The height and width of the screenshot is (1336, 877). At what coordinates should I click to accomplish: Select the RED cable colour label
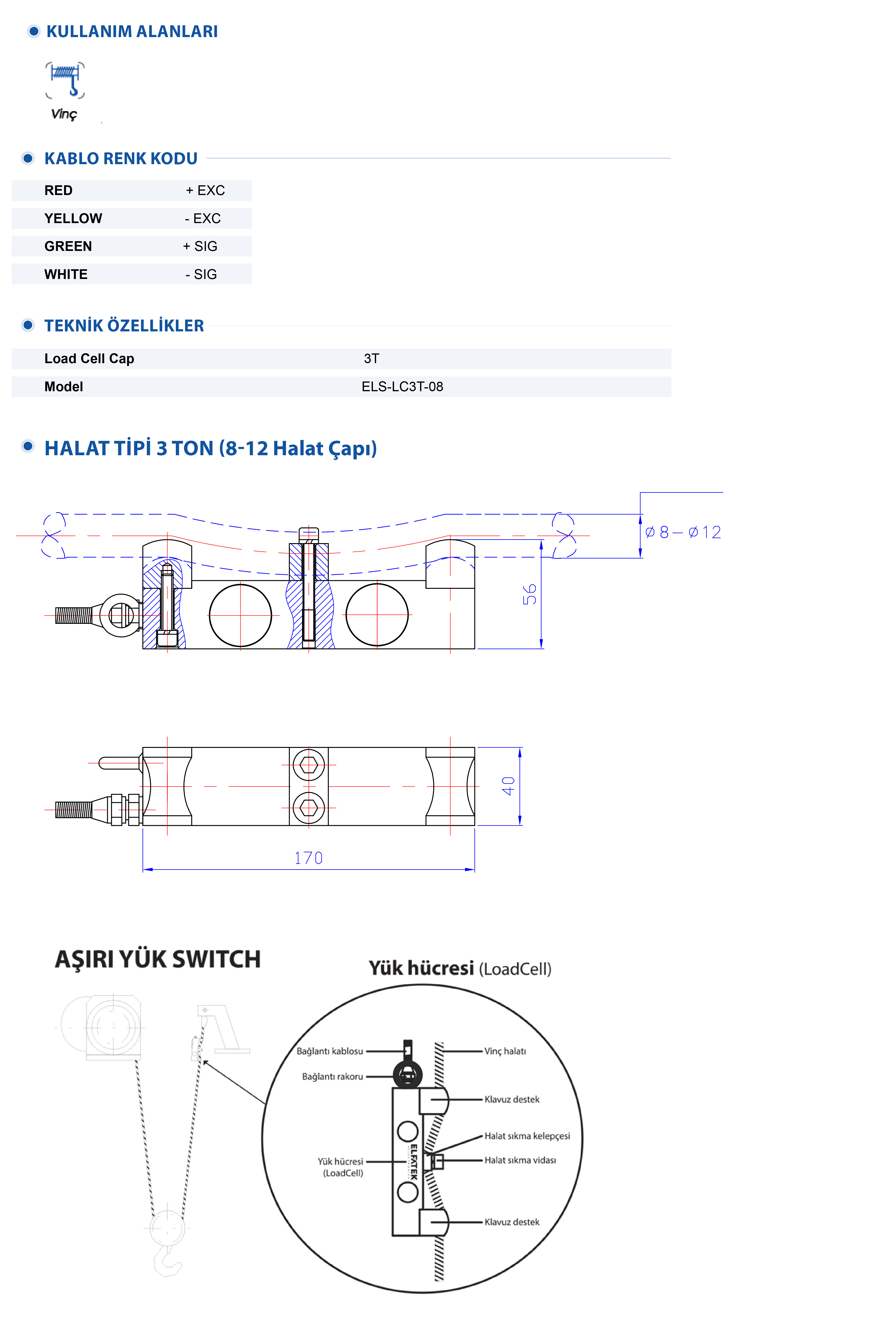pos(58,190)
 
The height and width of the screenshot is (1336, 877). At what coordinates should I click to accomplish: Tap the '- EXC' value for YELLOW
pos(203,218)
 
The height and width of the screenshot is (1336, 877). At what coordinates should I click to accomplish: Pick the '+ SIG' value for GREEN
pos(200,247)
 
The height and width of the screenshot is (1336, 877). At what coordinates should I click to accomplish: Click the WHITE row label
pos(66,275)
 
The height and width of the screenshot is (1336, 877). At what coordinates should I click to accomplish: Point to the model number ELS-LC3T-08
pos(402,387)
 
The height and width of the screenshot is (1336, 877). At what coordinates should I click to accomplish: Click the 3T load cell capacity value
pos(371,359)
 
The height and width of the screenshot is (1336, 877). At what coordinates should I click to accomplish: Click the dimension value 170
pos(308,858)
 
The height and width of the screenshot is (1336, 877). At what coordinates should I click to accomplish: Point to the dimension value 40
pos(508,786)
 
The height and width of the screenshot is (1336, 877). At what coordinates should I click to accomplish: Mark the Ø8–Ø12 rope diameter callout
pos(683,532)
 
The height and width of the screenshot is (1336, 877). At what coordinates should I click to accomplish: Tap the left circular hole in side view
pos(240,615)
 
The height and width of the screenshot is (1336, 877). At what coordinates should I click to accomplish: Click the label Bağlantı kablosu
pos(330,1051)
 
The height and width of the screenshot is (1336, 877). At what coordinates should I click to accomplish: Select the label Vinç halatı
pos(505,1051)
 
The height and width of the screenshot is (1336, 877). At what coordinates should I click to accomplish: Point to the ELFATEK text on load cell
pos(413,1162)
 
